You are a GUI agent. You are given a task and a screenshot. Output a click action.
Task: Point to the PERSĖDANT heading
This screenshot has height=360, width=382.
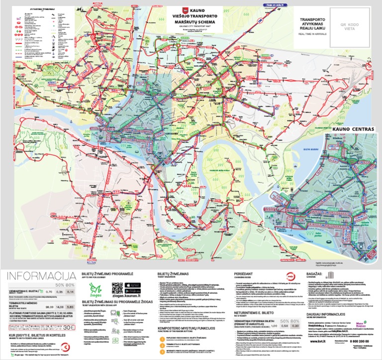coord(242,274)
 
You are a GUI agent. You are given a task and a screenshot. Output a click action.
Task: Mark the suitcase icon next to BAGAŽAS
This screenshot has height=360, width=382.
coord(331,275)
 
